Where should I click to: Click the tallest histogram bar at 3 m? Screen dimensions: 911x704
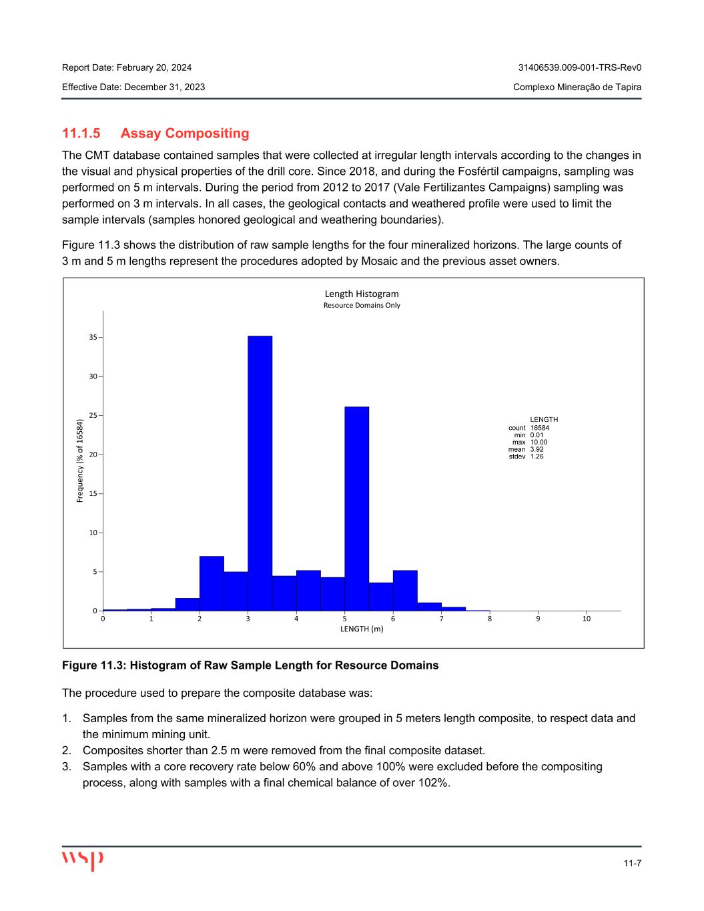point(260,473)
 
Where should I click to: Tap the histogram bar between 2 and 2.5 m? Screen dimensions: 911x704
point(212,583)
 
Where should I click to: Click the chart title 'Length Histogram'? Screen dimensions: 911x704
point(362,294)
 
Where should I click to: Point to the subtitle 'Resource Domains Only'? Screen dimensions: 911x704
point(362,306)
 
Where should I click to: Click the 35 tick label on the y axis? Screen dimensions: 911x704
point(93,338)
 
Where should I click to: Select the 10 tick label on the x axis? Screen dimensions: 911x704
point(586,619)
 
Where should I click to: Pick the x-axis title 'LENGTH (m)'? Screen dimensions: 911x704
point(362,629)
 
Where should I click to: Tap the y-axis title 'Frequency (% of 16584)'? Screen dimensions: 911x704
point(80,461)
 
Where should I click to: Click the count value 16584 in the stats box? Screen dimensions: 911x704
point(540,428)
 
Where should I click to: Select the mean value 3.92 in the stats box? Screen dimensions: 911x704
point(537,449)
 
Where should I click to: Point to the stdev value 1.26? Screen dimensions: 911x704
point(537,457)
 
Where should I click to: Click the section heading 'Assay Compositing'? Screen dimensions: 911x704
point(185,133)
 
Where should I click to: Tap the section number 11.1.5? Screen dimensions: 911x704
point(81,133)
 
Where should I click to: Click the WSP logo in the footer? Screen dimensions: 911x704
point(83,860)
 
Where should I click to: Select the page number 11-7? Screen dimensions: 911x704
point(633,864)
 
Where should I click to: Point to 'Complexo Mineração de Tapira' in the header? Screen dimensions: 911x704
point(577,87)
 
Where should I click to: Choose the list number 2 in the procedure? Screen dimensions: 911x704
point(65,750)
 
